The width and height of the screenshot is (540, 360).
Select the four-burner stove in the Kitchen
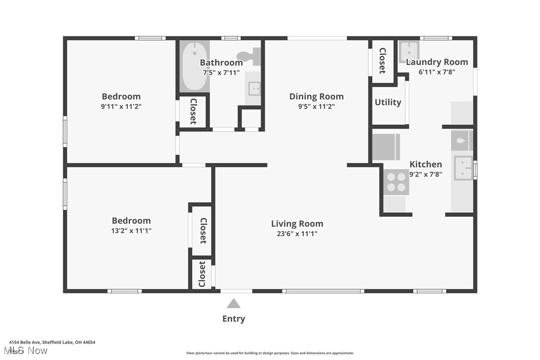(396, 181)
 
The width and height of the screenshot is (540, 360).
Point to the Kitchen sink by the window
(463, 169)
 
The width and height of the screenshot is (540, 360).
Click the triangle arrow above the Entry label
(234, 303)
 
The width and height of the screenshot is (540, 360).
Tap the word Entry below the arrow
(234, 319)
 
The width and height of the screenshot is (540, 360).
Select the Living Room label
(297, 224)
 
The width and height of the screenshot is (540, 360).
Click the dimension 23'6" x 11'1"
(297, 234)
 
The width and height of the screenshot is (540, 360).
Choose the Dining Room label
(316, 96)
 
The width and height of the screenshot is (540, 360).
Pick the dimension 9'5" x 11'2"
(316, 106)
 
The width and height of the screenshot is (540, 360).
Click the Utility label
(388, 102)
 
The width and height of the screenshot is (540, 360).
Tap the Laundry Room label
(437, 62)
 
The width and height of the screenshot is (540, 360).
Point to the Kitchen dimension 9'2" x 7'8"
(425, 174)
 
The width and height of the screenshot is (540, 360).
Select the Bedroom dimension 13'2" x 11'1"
(131, 230)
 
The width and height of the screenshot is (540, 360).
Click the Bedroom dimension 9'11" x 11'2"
(121, 106)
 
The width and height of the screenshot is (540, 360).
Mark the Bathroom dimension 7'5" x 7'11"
(221, 73)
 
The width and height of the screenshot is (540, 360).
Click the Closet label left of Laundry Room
(383, 61)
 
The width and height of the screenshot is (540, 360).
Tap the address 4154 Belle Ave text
(52, 342)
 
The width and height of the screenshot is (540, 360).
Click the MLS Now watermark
(28, 351)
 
